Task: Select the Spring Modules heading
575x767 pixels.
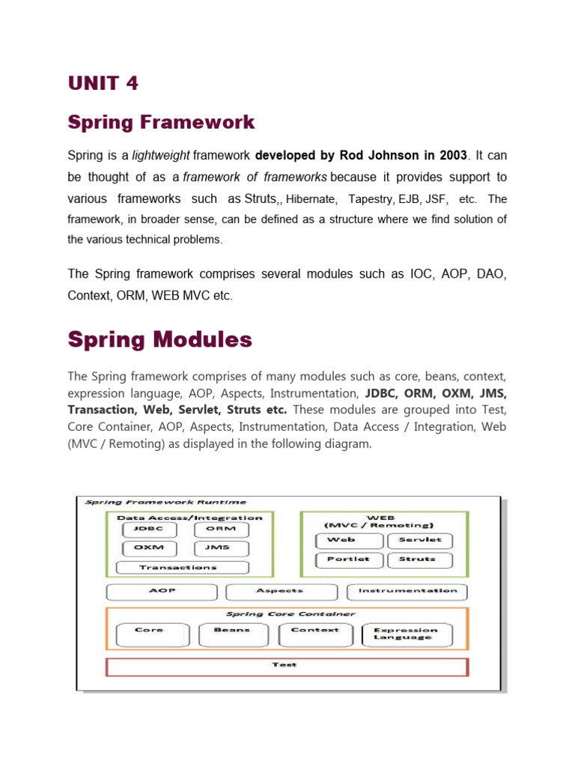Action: click(159, 339)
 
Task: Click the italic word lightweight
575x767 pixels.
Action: click(161, 156)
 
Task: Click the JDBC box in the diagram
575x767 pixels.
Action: click(149, 529)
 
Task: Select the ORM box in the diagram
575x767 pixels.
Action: click(221, 529)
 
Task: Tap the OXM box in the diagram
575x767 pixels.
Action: click(149, 548)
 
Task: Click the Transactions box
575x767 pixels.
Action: click(177, 568)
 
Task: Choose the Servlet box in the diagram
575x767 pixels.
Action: click(419, 540)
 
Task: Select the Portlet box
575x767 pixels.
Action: click(347, 560)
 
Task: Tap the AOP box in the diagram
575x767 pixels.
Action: click(162, 591)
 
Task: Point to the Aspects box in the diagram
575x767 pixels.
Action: click(280, 591)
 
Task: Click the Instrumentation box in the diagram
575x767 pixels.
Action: click(407, 591)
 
